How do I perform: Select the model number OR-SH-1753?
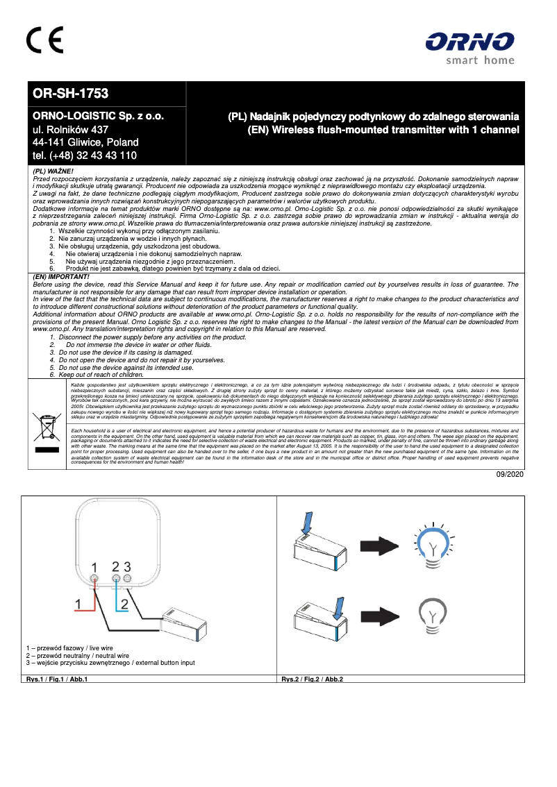click(x=72, y=93)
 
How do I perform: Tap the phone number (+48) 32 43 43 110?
click(x=85, y=155)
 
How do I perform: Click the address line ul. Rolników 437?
click(x=71, y=129)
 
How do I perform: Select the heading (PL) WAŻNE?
click(x=53, y=170)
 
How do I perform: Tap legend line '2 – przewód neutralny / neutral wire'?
click(x=78, y=655)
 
